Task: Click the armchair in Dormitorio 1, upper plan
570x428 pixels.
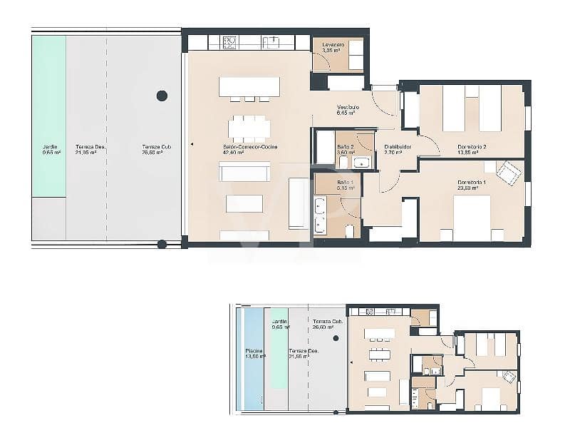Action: click(x=509, y=173)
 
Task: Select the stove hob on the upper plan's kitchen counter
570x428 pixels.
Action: click(x=230, y=42)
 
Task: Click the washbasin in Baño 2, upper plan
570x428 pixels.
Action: click(x=363, y=163)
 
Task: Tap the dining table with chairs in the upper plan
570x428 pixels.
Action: click(x=249, y=128)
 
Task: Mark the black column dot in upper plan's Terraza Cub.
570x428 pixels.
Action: click(x=162, y=96)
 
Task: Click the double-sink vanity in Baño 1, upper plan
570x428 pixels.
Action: click(x=320, y=215)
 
